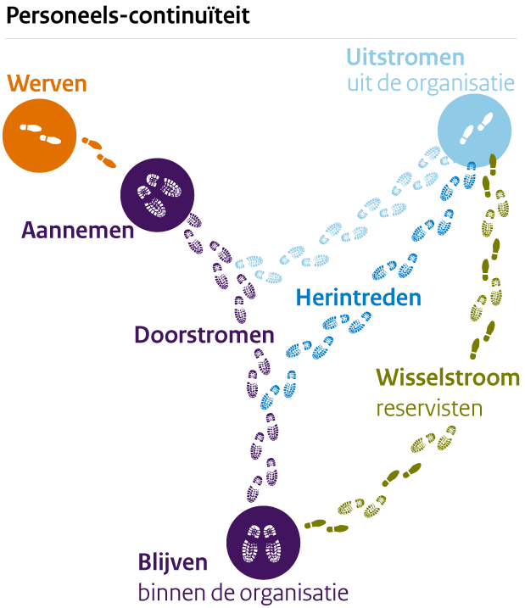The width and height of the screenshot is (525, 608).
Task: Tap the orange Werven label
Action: [47, 83]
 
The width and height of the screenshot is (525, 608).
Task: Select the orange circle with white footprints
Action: [39, 133]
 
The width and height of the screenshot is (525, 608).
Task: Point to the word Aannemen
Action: [79, 231]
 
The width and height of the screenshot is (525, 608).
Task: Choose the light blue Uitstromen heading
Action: [405, 59]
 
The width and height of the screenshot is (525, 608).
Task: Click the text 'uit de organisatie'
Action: [430, 84]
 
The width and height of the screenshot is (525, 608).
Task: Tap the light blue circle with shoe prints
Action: [474, 129]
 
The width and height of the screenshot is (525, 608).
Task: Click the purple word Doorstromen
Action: [204, 335]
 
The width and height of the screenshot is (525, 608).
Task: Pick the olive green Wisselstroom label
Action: [448, 377]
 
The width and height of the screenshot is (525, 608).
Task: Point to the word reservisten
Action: [429, 408]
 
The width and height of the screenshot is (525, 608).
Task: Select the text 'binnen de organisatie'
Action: [243, 590]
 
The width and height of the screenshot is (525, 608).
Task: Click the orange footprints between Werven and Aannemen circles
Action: [99, 149]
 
